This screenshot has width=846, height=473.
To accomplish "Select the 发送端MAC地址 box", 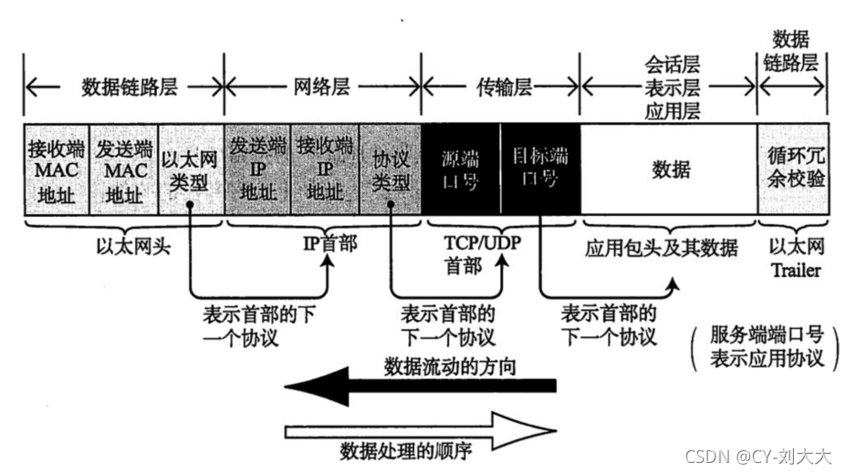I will (x=124, y=170).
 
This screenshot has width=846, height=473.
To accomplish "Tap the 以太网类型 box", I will (x=190, y=170).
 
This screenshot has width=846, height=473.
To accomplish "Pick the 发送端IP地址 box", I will (x=257, y=170).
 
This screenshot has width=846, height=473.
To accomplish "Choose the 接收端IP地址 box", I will (x=325, y=170).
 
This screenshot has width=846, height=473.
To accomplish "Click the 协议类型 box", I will (x=390, y=170).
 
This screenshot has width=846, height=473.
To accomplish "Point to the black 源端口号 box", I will (x=460, y=170).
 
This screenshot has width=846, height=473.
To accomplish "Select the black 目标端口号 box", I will (x=539, y=170).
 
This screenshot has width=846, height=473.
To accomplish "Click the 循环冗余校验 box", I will (x=792, y=170).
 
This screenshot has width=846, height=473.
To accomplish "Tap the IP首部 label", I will (x=325, y=245).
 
